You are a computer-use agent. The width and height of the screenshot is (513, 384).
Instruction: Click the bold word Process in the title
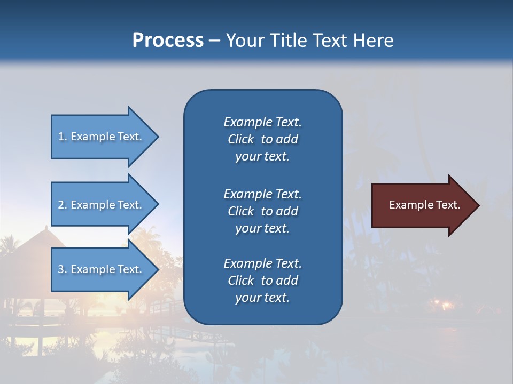[168, 40]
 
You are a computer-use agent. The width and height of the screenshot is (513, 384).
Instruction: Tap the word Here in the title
[372, 40]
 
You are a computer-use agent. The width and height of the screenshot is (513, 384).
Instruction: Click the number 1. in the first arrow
[63, 137]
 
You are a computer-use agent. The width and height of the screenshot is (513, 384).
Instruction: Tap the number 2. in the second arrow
[63, 205]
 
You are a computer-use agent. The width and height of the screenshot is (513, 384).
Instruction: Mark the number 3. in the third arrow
[63, 269]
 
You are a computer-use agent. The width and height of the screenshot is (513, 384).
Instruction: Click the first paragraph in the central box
[262, 139]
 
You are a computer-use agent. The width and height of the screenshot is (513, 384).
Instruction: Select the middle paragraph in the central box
[262, 211]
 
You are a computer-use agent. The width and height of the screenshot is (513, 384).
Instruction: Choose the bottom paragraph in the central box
[262, 281]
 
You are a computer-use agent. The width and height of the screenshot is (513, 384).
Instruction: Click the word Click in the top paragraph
[240, 139]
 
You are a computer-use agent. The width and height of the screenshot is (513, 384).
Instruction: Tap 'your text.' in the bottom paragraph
[262, 298]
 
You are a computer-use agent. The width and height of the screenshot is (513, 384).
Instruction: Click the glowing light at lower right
[445, 305]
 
